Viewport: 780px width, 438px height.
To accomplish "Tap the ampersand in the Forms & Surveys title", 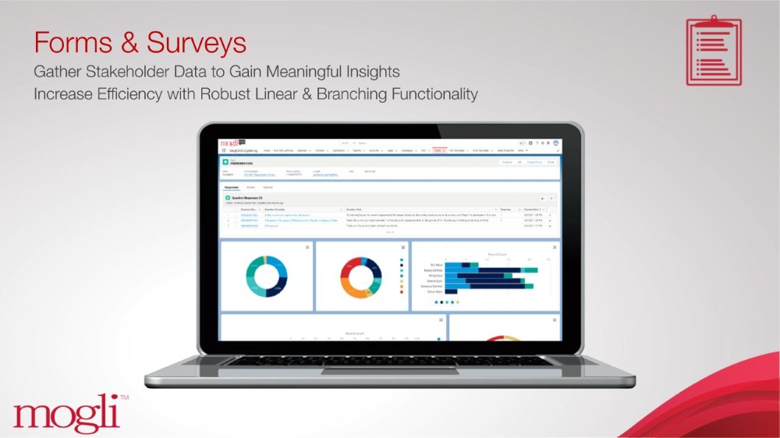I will click(x=128, y=41).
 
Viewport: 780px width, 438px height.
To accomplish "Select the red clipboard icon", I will click(x=714, y=50).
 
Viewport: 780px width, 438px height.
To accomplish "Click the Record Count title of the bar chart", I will click(x=484, y=253).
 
